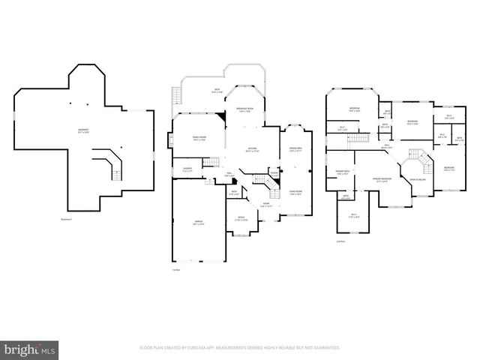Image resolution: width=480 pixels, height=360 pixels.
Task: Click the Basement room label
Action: [x=83, y=132]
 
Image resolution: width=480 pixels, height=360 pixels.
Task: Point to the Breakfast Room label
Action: [x=245, y=110]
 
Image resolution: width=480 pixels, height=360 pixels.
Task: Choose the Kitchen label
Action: [x=251, y=149]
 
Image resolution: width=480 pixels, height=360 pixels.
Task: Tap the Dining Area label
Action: [x=295, y=149]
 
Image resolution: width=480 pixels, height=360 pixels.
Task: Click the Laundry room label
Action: [x=187, y=169]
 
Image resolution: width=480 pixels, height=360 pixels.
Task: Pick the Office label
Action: [x=240, y=219]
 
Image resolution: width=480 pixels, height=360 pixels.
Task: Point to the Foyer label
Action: [x=265, y=204]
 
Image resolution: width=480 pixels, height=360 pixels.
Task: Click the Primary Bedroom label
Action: [x=382, y=179]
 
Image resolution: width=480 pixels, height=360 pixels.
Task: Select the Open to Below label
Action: [x=416, y=179]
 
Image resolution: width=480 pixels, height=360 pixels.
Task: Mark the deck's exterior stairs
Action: [x=178, y=96]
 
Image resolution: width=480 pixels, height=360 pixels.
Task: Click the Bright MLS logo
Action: [x=30, y=349]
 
